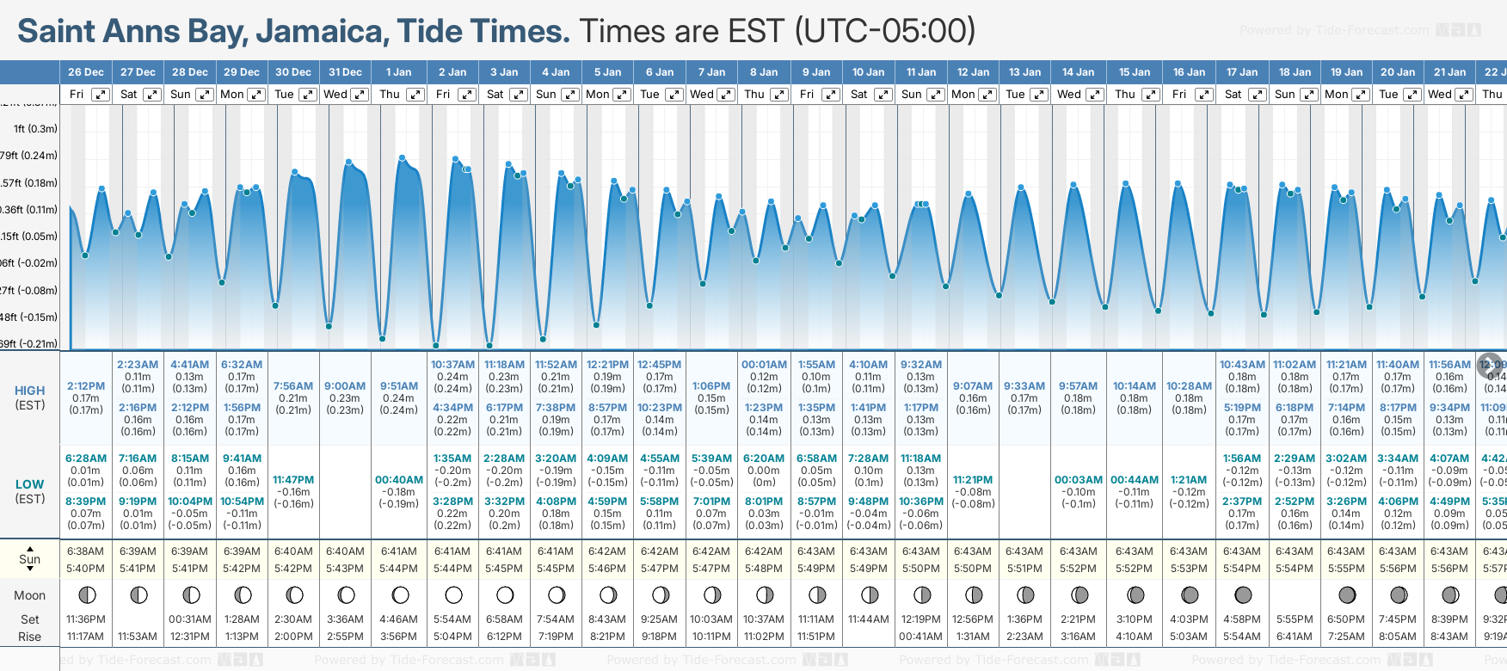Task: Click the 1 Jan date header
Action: pos(398,72)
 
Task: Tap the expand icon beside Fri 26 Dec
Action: pos(101,95)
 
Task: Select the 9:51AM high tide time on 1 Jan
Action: pos(399,386)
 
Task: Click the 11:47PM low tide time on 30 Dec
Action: pos(293,480)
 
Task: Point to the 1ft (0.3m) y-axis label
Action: pos(35,129)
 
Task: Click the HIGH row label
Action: pos(30,391)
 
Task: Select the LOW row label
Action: pos(30,484)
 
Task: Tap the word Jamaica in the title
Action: pos(323,31)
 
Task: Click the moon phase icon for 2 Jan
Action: pos(453,594)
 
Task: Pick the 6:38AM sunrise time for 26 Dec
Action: pos(86,551)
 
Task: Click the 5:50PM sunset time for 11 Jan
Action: pos(921,569)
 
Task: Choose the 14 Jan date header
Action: pos(1078,72)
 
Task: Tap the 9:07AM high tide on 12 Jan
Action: pos(973,386)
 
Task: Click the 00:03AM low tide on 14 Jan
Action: pos(1079,480)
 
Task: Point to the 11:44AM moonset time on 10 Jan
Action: pos(869,619)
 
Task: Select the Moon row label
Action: pos(29,595)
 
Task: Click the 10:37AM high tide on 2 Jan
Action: pos(452,365)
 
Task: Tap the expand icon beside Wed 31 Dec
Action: pos(360,95)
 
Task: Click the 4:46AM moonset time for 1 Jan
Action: pos(399,619)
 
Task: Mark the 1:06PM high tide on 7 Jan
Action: pos(711,386)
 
